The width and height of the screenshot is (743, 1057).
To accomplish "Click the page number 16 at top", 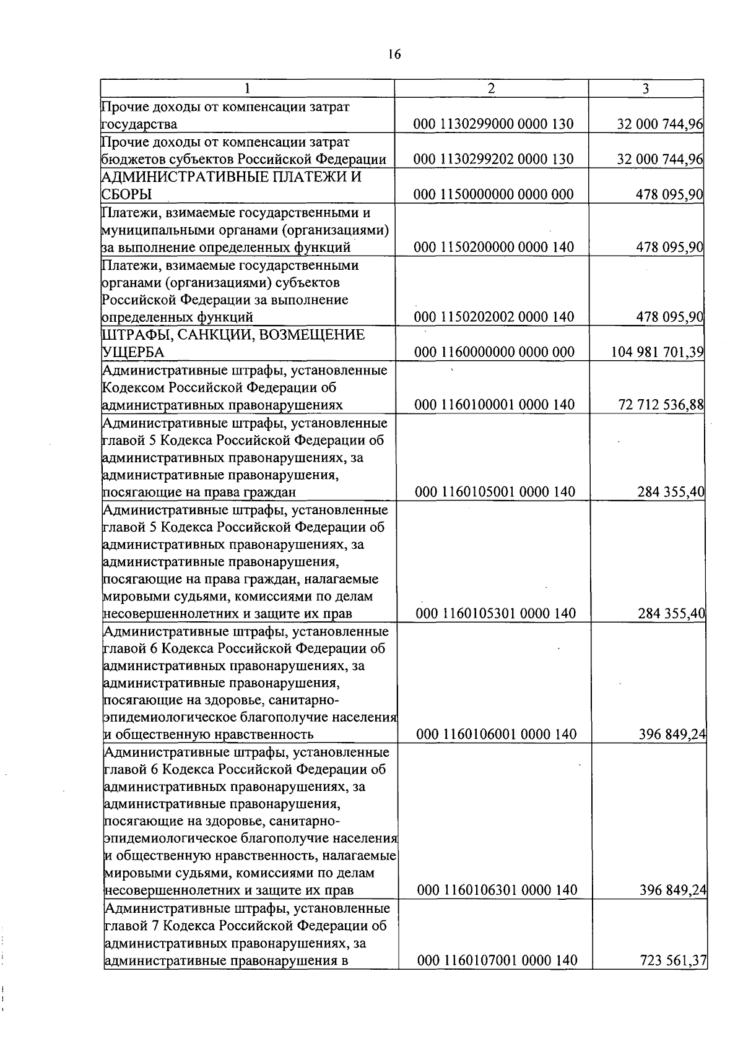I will (x=394, y=54).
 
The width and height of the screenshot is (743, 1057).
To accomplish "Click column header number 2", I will (x=491, y=88).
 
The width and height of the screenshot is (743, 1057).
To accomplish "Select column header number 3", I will (x=645, y=88).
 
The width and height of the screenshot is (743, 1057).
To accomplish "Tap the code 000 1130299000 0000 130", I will (x=493, y=124).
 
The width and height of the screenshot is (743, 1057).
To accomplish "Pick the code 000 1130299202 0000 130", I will (x=493, y=159).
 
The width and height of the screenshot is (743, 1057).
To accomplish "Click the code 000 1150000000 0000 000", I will (x=493, y=194).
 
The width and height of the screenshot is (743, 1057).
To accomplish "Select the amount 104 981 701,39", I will (x=657, y=353).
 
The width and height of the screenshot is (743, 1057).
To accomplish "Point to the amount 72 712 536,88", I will (x=661, y=405).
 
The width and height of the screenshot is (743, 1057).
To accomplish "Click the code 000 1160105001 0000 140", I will (x=495, y=493).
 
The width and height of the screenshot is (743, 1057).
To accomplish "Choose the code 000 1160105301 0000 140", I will (x=495, y=614).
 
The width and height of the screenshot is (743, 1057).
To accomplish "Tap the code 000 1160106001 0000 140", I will (x=496, y=735).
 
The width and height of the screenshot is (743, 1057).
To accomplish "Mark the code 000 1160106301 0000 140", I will (x=497, y=891).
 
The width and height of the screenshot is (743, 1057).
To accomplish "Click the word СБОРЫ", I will (x=127, y=194).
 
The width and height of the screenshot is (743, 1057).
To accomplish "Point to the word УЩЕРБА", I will (x=133, y=353).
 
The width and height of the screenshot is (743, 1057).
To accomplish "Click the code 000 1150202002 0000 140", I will (x=494, y=317).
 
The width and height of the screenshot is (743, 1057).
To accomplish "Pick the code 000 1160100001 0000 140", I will (x=494, y=405).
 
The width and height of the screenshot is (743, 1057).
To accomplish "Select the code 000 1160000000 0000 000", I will (x=494, y=353).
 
